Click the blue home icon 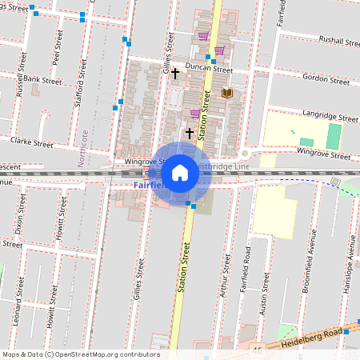click(180, 173)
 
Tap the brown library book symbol click(226, 94)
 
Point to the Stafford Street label click(81, 74)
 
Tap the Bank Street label click(42, 80)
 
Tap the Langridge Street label click(328, 117)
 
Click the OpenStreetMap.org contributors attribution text click(104, 354)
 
